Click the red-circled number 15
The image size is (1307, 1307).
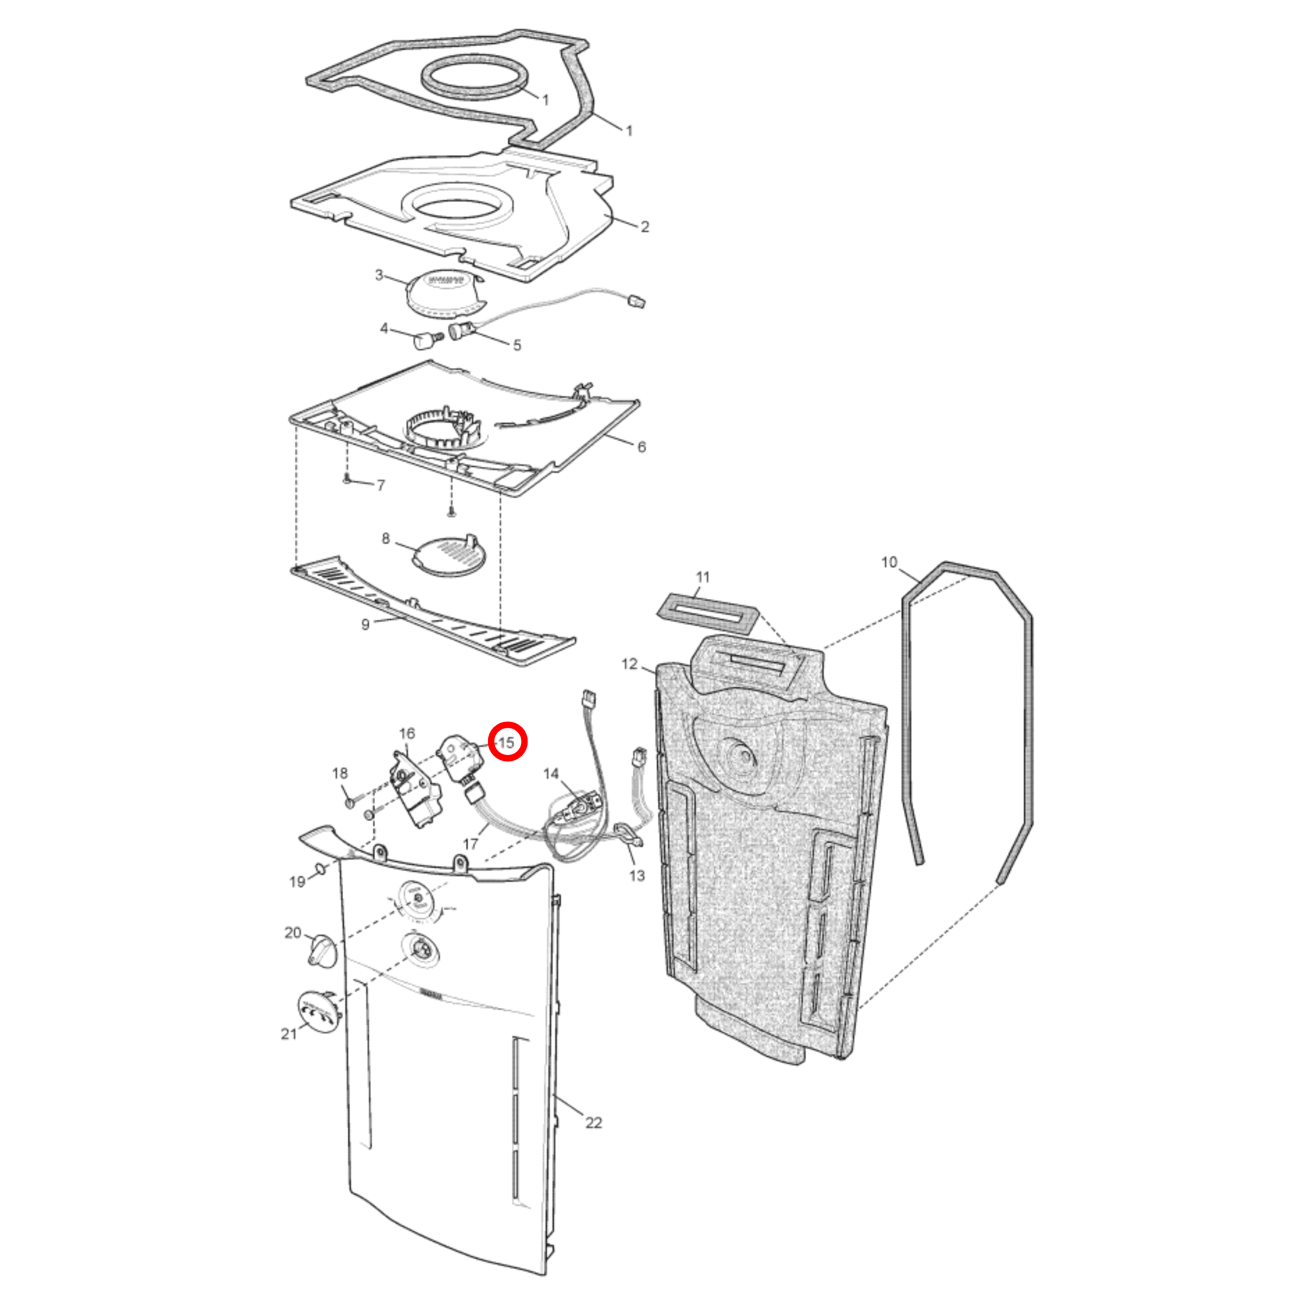(507, 742)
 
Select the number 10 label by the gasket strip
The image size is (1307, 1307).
(889, 562)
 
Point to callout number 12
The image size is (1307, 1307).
(629, 664)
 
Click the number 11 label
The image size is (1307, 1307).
(703, 577)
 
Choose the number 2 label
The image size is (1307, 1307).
(645, 227)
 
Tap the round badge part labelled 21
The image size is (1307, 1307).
(318, 1010)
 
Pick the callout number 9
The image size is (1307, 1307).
(365, 624)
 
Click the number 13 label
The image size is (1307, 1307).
(637, 875)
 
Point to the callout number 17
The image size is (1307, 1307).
(470, 843)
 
